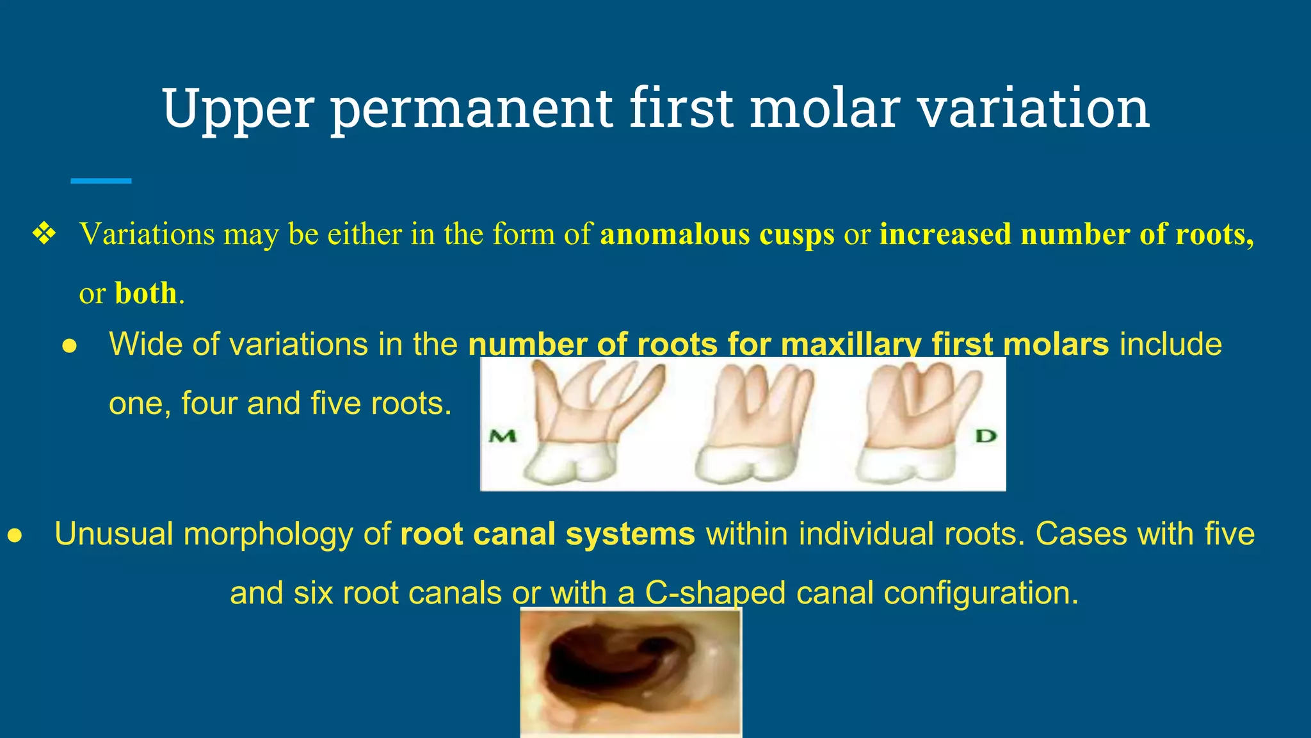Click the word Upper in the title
(x=237, y=109)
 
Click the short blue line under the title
(x=101, y=181)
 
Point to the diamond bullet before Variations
(x=44, y=234)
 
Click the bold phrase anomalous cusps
(x=717, y=234)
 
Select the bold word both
(x=145, y=293)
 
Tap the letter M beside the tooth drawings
(x=503, y=437)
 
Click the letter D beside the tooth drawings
(x=985, y=436)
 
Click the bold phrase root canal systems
(x=547, y=534)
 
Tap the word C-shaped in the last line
(x=714, y=593)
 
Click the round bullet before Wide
(x=69, y=346)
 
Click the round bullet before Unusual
(x=15, y=536)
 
